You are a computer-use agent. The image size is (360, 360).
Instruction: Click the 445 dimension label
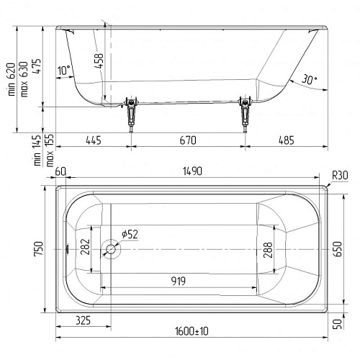(x=94, y=140)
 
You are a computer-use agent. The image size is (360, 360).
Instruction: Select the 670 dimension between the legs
(x=188, y=140)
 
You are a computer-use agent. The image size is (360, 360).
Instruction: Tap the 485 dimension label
(x=287, y=140)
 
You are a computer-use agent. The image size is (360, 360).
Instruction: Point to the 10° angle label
(x=64, y=71)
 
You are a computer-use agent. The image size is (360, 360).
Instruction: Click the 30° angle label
(x=309, y=79)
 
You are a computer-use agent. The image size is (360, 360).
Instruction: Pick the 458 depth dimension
(x=99, y=60)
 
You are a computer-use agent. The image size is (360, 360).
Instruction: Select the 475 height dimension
(x=37, y=66)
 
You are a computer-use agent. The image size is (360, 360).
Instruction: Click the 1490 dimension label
(x=192, y=171)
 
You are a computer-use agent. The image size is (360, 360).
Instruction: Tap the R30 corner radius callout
(x=340, y=176)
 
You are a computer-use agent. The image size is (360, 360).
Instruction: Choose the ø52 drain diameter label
(x=130, y=234)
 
